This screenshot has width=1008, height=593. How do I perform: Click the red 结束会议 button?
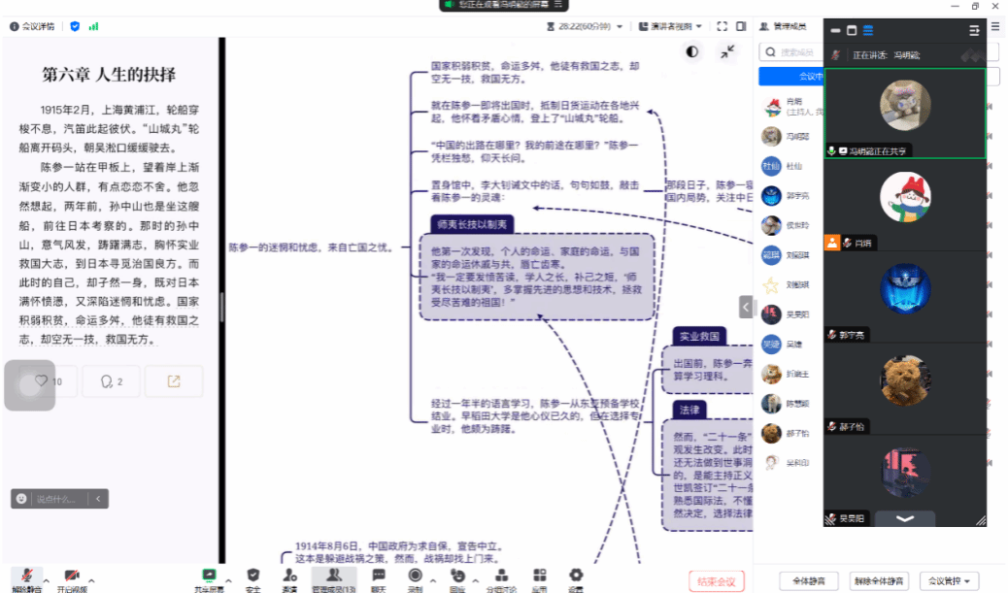coord(717,580)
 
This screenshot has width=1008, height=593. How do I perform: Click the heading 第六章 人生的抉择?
coord(109,75)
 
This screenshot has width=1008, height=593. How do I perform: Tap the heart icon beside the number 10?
coord(42,381)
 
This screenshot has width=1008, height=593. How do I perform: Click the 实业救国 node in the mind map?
coord(699,336)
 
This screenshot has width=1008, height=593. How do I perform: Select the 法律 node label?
coord(689,410)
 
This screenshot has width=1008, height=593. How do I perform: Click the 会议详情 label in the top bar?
coord(37,26)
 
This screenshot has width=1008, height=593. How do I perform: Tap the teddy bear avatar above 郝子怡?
coord(905,380)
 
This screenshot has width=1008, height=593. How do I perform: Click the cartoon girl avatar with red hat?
coord(905,197)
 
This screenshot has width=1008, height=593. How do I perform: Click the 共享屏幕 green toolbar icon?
coord(208,576)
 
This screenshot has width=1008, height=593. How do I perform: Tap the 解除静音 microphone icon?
coord(27,576)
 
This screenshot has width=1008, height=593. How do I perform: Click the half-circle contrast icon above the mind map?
coord(692,51)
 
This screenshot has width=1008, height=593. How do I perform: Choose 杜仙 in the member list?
coord(772,166)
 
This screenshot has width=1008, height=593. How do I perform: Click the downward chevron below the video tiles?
coord(905,518)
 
